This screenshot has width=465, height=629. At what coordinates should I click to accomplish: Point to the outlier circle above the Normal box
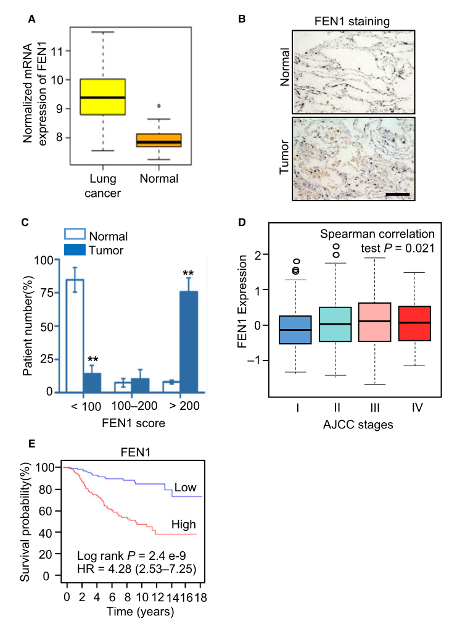coord(159,106)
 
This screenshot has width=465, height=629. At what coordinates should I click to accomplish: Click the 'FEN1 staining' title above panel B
coord(353,22)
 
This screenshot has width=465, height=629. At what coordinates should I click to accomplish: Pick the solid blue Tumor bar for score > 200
coord(188,341)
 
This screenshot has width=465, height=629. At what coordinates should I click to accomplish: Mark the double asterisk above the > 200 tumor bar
coord(188,271)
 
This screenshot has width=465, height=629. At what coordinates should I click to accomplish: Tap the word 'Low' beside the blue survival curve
coord(185,488)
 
